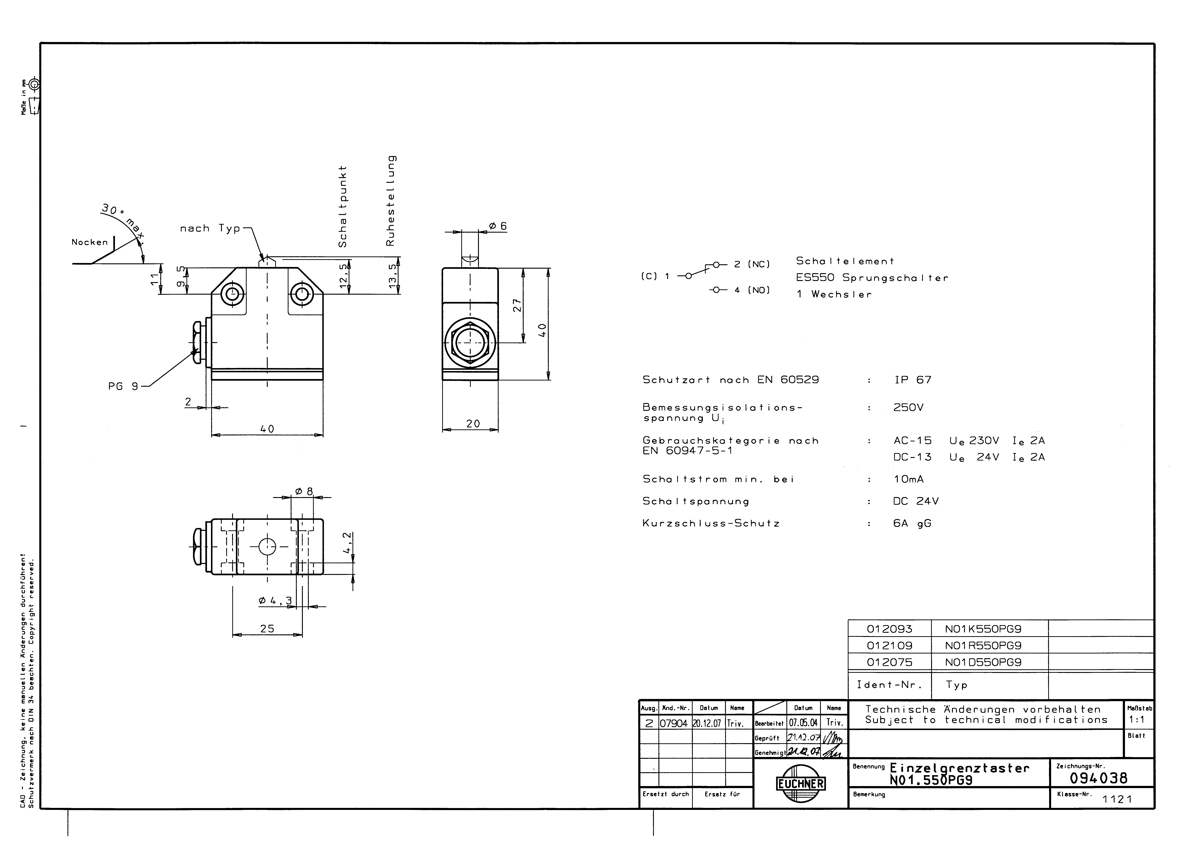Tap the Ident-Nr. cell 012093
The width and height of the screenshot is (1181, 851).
[889, 629]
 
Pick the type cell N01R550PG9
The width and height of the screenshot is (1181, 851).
[983, 645]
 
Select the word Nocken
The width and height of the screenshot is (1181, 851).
[89, 242]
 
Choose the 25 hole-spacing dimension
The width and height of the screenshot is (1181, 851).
[267, 629]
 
